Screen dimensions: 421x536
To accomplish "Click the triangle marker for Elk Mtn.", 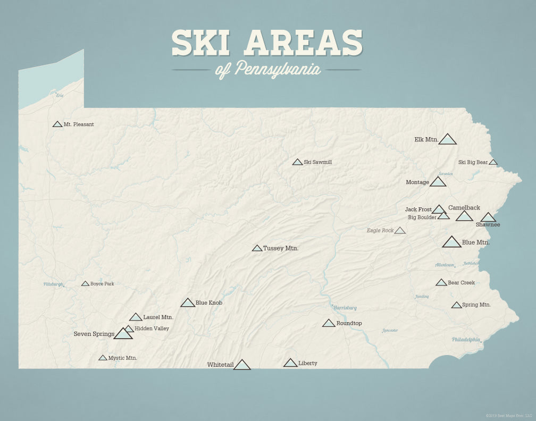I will (448, 140).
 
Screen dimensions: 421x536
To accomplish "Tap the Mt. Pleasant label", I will (79, 124).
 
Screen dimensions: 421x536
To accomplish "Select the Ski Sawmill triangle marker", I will (297, 162).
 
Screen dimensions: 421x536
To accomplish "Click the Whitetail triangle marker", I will (242, 365).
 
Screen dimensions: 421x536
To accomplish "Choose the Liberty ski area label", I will (308, 363).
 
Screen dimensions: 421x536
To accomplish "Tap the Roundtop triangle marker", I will (329, 323).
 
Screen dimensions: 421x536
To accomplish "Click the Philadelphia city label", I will (466, 340).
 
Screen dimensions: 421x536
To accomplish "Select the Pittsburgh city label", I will (53, 284).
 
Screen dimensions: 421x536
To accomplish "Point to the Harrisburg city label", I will (345, 308).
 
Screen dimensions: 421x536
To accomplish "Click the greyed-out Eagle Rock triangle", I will (400, 231).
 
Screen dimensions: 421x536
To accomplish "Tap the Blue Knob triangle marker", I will (188, 303).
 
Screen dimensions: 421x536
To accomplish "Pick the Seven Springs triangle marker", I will (123, 334).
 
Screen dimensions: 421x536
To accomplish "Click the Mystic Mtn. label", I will (123, 358).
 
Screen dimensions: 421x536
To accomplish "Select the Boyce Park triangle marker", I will (85, 284).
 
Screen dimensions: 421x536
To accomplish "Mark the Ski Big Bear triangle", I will (493, 162).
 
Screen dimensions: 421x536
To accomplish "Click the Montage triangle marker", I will (438, 182).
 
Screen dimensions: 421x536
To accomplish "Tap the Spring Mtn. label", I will (476, 305).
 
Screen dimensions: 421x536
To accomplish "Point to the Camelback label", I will (464, 208).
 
